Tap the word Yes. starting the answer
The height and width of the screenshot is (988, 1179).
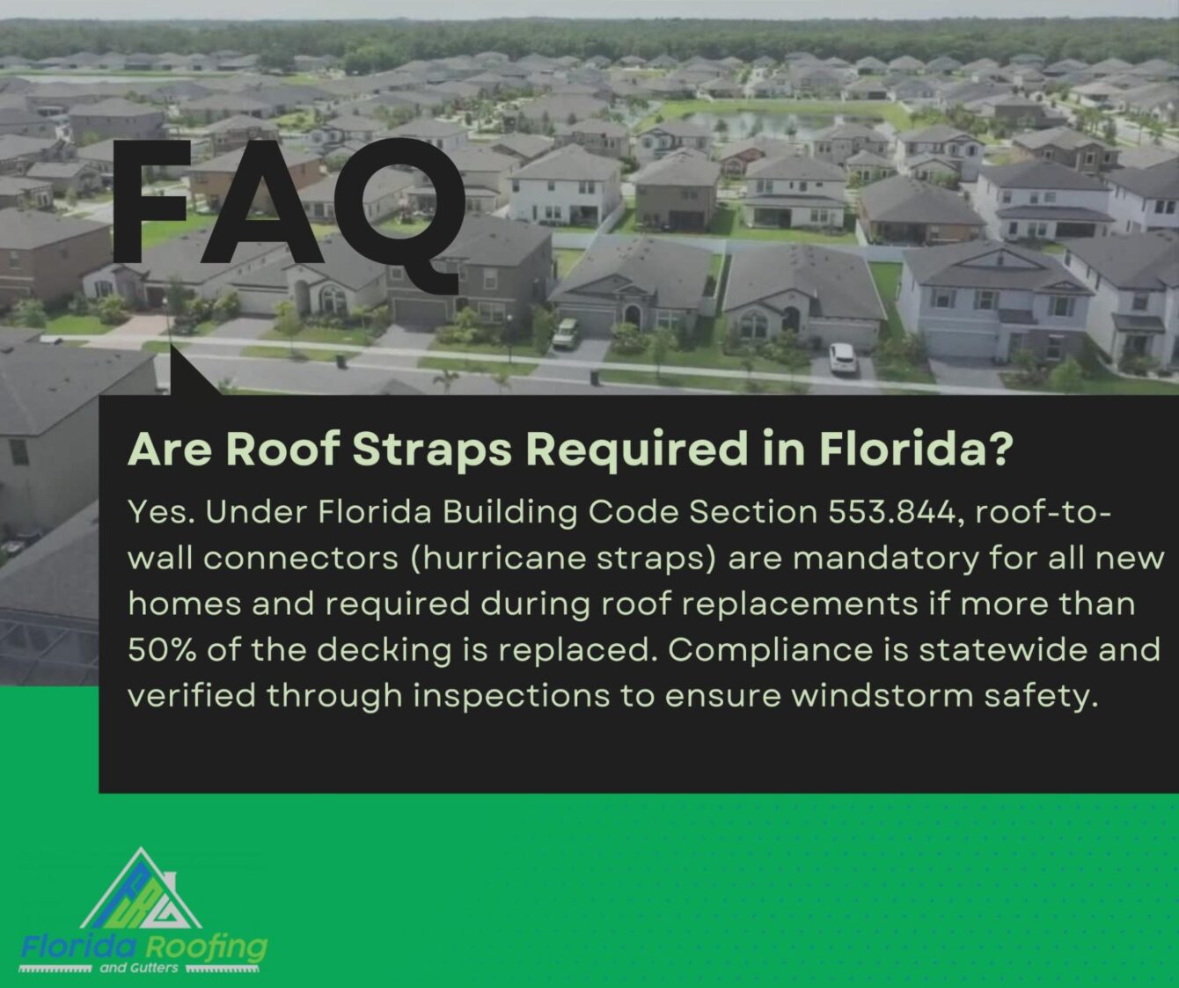point(160,513)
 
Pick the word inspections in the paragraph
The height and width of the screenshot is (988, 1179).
point(511,697)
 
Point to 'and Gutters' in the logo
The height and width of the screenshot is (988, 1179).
point(141,969)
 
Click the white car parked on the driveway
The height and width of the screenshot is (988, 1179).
point(842,357)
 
